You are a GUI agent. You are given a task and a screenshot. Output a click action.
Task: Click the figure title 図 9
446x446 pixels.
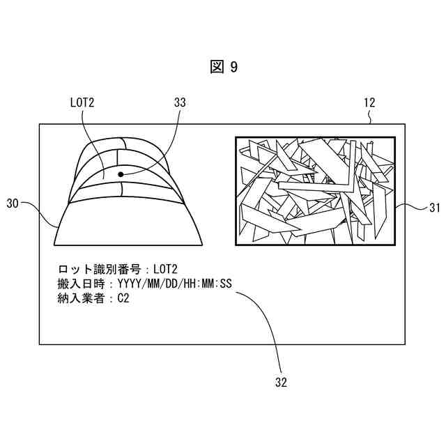pyautogui.click(x=223, y=67)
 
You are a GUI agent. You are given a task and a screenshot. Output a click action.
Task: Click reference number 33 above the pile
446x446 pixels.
pyautogui.click(x=180, y=102)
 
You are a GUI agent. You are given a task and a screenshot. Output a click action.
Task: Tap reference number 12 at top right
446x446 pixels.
pyautogui.click(x=369, y=102)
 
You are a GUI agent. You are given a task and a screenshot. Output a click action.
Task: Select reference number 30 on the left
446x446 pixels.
pyautogui.click(x=13, y=203)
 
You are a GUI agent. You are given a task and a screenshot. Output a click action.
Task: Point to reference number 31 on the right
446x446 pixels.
pyautogui.click(x=434, y=207)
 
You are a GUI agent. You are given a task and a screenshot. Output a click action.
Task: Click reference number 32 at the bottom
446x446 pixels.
pyautogui.click(x=281, y=382)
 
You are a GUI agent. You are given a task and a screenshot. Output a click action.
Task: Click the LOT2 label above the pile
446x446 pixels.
pyautogui.click(x=82, y=102)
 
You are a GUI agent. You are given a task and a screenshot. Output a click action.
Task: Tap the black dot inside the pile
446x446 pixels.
pyautogui.click(x=121, y=174)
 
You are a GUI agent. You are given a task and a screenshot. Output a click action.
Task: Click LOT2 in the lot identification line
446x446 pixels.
pyautogui.click(x=166, y=268)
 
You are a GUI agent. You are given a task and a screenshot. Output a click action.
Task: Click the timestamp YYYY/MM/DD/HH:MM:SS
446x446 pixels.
pyautogui.click(x=175, y=284)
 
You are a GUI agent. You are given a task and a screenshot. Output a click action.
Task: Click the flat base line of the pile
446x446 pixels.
pyautogui.click(x=128, y=245)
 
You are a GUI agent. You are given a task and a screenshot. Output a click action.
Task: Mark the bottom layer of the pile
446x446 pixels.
pyautogui.click(x=128, y=223)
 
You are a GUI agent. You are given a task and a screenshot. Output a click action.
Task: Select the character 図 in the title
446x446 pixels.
pyautogui.click(x=216, y=67)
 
